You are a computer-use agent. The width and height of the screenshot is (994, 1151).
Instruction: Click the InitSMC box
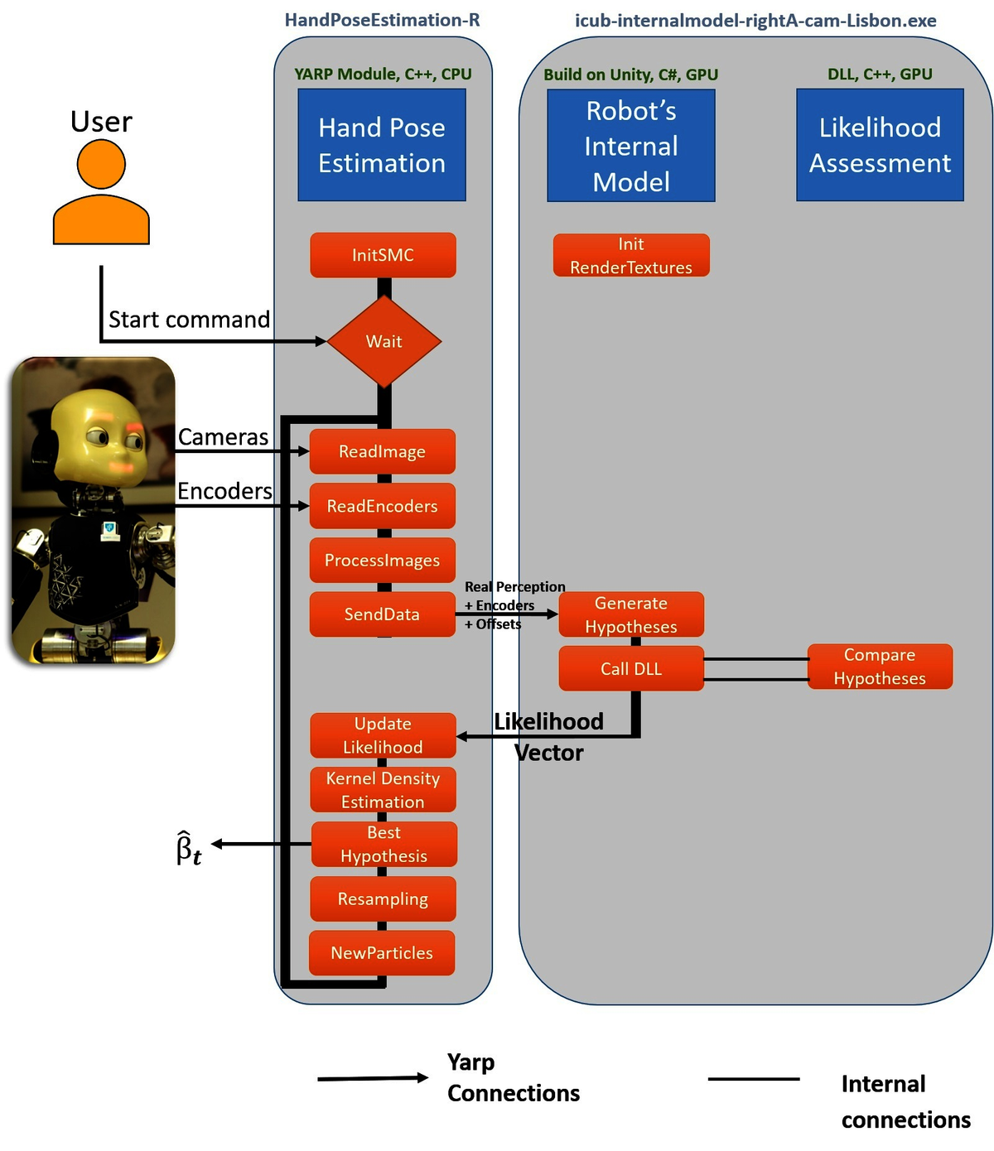(383, 255)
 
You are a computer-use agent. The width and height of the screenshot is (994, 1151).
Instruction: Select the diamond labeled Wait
(384, 341)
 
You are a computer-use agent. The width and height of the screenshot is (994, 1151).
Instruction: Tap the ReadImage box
(382, 451)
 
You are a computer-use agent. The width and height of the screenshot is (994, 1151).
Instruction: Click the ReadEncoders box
(382, 506)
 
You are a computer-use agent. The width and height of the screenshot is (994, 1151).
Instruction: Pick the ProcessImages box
(382, 561)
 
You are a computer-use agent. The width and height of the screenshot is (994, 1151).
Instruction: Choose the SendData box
(382, 614)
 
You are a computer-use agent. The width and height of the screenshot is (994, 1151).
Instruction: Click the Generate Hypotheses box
(631, 614)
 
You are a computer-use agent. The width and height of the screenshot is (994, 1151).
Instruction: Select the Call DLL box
(631, 669)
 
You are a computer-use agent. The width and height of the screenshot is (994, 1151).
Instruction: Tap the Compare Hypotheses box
(880, 667)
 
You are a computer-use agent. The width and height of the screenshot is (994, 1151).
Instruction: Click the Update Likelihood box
(383, 735)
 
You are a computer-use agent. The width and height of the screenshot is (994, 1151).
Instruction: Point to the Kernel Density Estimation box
(383, 790)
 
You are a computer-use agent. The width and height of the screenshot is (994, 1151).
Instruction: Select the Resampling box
(383, 899)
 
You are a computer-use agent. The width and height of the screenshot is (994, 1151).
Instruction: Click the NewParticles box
(382, 953)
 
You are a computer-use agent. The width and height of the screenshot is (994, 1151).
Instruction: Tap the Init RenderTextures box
(631, 255)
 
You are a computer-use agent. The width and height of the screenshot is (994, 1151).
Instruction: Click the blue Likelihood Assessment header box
(880, 145)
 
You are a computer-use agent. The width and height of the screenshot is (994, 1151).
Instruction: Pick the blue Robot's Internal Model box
(631, 146)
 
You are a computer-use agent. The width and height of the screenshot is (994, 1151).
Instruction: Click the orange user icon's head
(101, 164)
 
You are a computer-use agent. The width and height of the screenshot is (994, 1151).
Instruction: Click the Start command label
(189, 320)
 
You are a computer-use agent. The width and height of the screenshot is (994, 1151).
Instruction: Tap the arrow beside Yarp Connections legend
(373, 1078)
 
